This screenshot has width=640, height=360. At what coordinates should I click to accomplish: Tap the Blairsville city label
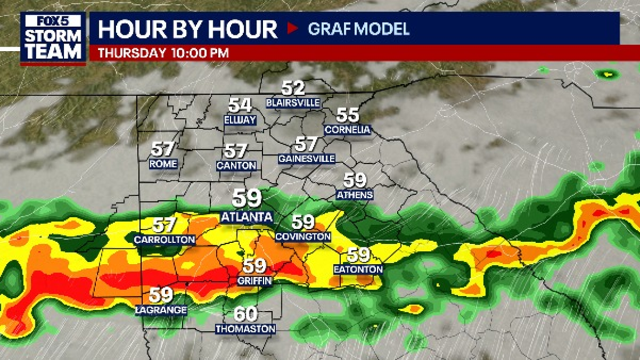click(x=294, y=103)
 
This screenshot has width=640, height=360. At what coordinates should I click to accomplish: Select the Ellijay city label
click(x=240, y=120)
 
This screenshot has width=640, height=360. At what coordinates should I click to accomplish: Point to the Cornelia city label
click(x=348, y=130)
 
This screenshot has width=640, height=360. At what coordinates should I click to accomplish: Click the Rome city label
click(x=163, y=164)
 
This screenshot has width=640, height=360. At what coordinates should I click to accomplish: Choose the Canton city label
click(x=236, y=166)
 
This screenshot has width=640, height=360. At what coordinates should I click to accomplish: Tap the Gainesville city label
click(x=306, y=159)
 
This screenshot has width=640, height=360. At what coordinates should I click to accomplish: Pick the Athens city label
click(x=355, y=195)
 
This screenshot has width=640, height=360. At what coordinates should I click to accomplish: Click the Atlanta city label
click(x=246, y=217)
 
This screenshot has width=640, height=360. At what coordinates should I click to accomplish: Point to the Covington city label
click(x=303, y=237)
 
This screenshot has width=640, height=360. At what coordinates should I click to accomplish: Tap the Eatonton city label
click(x=358, y=269)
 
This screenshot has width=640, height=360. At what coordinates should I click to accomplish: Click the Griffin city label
click(x=254, y=281)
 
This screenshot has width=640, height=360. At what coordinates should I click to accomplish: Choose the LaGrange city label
click(x=161, y=310)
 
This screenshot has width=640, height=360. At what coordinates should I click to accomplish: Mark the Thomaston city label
click(x=245, y=329)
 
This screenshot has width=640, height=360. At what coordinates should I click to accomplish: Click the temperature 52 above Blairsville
click(x=294, y=88)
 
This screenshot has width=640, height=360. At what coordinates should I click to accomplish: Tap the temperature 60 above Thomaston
click(x=245, y=314)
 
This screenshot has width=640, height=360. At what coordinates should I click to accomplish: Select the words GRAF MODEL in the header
click(x=358, y=29)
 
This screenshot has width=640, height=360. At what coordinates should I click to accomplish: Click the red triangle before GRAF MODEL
click(x=292, y=28)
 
